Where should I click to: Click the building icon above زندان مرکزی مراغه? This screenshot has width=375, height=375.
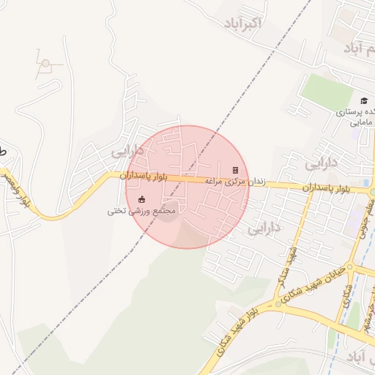click(235, 170)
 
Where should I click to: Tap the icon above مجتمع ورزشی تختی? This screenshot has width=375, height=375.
click(141, 199)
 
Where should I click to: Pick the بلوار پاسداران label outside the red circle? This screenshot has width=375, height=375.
click(328, 188)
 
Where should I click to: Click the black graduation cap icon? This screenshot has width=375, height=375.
click(364, 101)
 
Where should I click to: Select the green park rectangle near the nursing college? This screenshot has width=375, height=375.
click(328, 88)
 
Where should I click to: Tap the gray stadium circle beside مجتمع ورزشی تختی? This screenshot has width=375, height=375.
click(168, 213)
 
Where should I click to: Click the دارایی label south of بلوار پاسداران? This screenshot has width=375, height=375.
click(264, 229)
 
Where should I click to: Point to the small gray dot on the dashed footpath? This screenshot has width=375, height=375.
click(45, 63)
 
